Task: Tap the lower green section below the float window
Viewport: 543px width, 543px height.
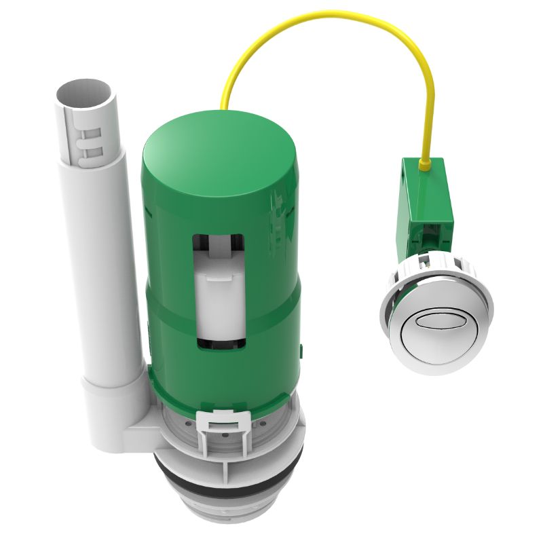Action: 224,380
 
